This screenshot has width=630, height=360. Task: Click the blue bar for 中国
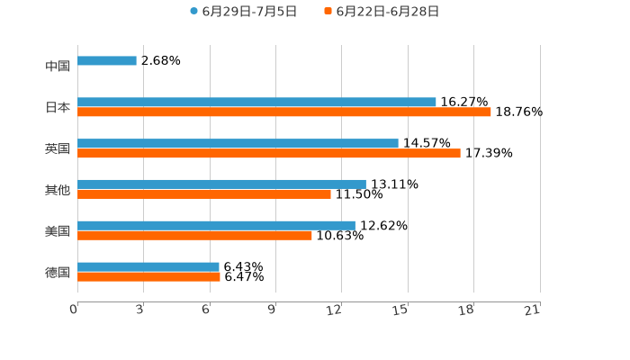tap(107, 61)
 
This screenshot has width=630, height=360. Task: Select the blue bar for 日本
tap(256, 103)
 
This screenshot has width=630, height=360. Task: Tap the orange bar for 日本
tap(284, 112)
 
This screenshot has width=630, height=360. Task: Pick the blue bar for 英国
tap(238, 144)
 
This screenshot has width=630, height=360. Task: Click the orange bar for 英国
tap(269, 154)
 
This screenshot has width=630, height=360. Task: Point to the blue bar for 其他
tap(221, 184)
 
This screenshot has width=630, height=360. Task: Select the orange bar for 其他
tap(204, 194)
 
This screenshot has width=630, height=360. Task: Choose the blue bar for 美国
tap(216, 226)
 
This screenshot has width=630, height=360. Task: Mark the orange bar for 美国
tap(194, 236)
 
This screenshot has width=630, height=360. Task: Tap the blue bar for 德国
tap(148, 266)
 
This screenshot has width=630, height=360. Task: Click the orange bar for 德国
tap(148, 276)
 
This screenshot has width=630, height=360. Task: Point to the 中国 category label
tap(58, 66)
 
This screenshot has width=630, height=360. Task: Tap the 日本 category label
tap(58, 107)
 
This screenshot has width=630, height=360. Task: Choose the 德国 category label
tap(58, 272)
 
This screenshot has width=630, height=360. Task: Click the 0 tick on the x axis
tap(74, 310)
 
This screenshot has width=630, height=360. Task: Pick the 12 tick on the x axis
tap(335, 310)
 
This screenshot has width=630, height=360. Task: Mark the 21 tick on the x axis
tap(532, 310)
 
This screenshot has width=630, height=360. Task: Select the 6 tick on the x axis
tap(206, 310)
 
